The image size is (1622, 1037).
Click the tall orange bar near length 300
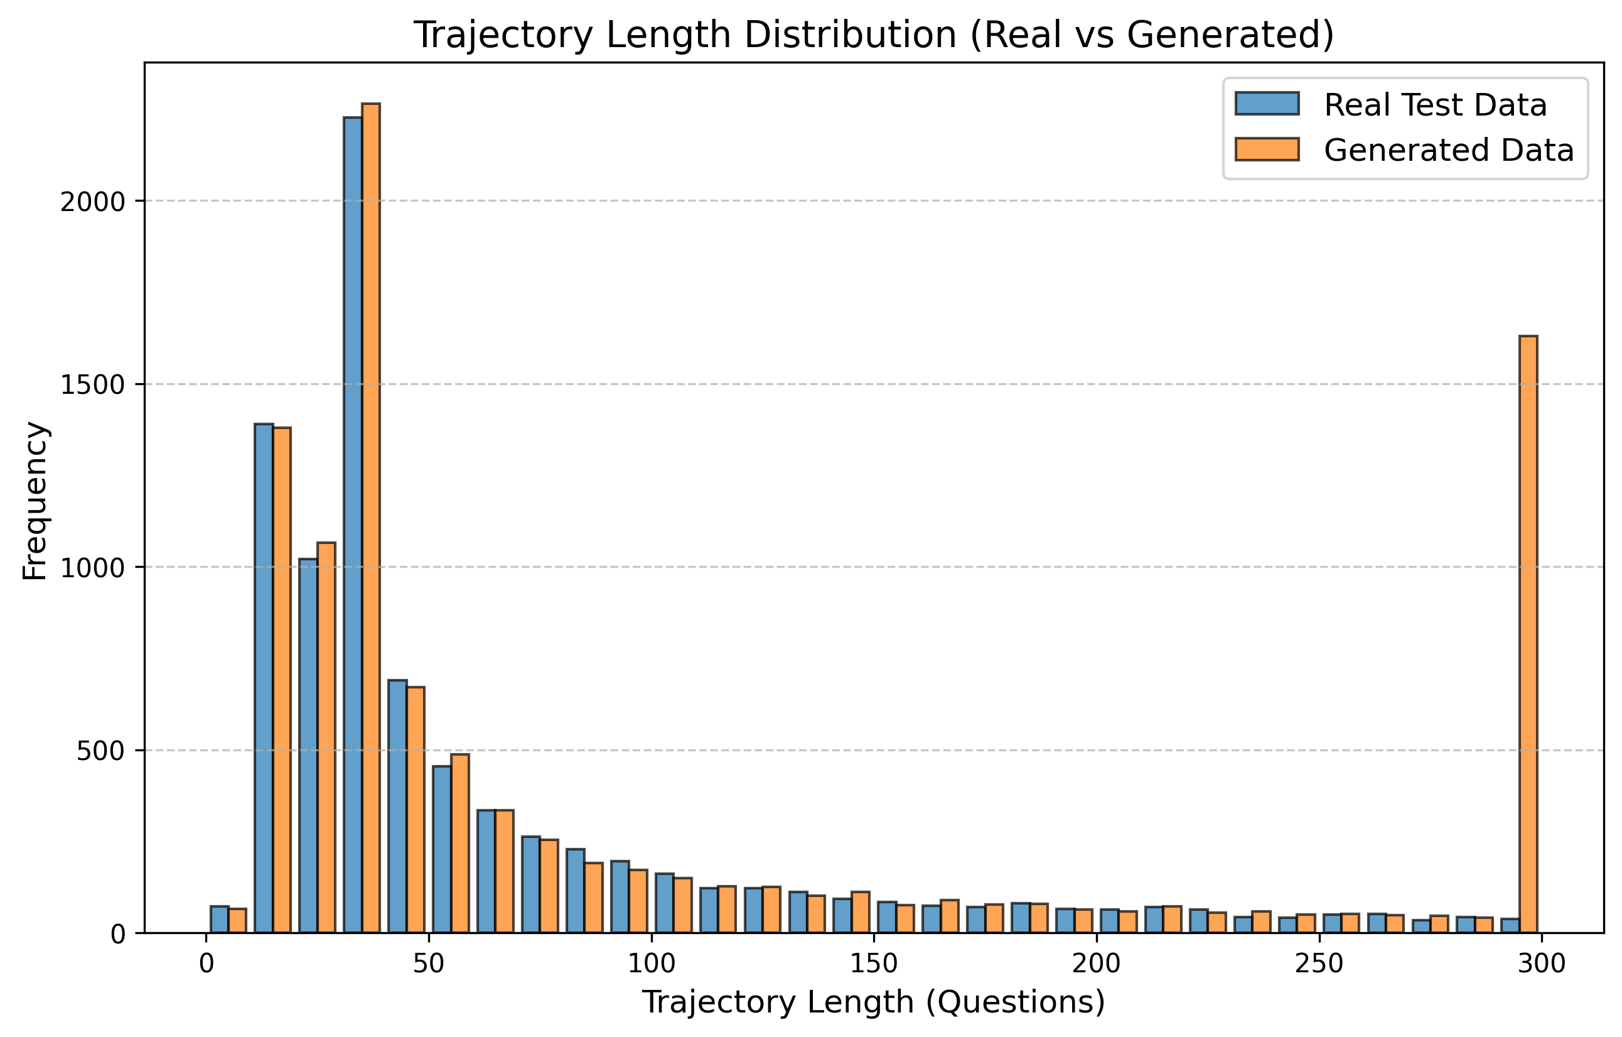pos(1528,633)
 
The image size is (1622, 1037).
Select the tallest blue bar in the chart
pos(352,526)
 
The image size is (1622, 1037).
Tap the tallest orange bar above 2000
pos(370,519)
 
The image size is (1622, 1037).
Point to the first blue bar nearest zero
pos(219,919)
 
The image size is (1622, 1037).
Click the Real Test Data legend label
pos(1435,105)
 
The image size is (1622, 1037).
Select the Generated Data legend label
pos(1448,150)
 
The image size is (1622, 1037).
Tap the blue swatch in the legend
pos(1266,104)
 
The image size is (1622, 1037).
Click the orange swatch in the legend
pos(1266,149)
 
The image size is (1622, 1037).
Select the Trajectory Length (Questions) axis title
pos(874,1002)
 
